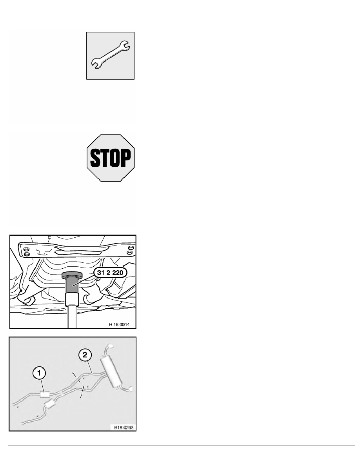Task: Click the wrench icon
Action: (x=110, y=55)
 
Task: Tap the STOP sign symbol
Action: (x=111, y=158)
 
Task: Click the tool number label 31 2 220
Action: (x=110, y=273)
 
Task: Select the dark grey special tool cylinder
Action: (x=72, y=285)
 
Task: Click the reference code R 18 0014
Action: (x=119, y=324)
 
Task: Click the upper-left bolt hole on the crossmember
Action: (x=26, y=248)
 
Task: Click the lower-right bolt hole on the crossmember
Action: (x=129, y=253)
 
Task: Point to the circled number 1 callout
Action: (x=39, y=373)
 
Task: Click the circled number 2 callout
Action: (x=85, y=355)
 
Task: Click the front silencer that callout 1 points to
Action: (x=45, y=394)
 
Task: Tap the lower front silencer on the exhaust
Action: (x=49, y=404)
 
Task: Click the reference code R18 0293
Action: (x=124, y=428)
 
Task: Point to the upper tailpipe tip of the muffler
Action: (x=110, y=346)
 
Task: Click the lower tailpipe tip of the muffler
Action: (x=130, y=389)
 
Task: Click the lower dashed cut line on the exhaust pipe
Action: (x=82, y=392)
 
